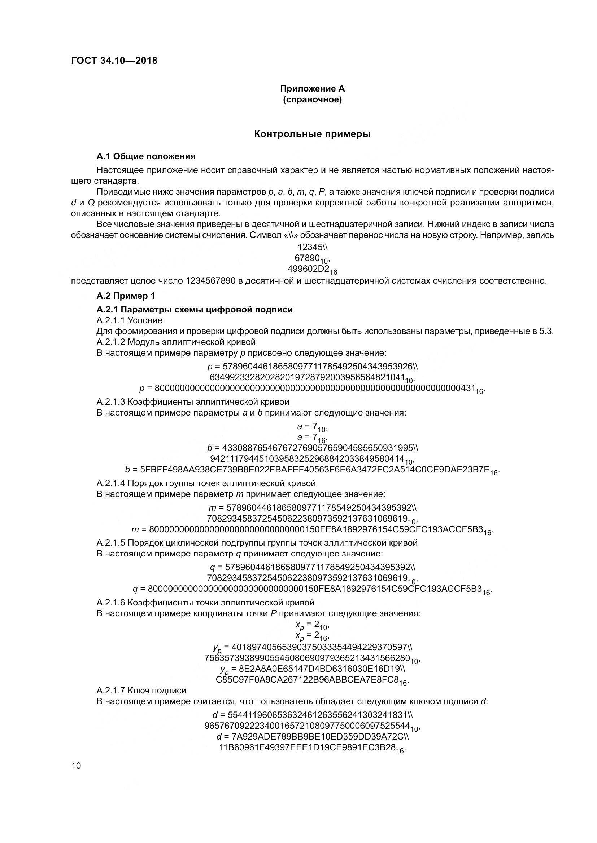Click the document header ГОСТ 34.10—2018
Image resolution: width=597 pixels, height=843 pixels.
114,61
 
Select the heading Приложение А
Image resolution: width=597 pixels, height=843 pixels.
312,89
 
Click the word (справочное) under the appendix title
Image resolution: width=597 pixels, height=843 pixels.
312,100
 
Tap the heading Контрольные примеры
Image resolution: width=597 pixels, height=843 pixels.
312,134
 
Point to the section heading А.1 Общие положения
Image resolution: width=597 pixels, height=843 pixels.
146,157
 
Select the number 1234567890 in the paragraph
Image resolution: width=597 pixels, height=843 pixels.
210,281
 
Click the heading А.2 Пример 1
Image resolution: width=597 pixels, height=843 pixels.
126,296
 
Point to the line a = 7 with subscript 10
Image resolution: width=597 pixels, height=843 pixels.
312,426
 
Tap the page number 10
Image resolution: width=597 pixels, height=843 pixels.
76,766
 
